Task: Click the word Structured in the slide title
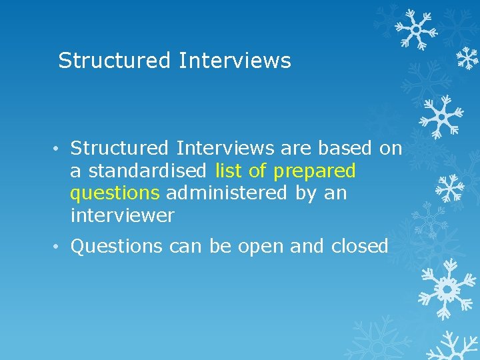click(115, 61)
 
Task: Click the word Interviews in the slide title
click(235, 61)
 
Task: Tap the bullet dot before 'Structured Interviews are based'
click(59, 148)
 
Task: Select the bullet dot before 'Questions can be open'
click(59, 247)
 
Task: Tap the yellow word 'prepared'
click(315, 172)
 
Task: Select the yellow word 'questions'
click(115, 194)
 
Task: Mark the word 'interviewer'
click(122, 215)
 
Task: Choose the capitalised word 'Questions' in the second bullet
click(117, 247)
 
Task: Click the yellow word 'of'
click(257, 171)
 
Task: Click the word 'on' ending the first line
click(391, 149)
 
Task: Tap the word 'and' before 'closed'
click(307, 247)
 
